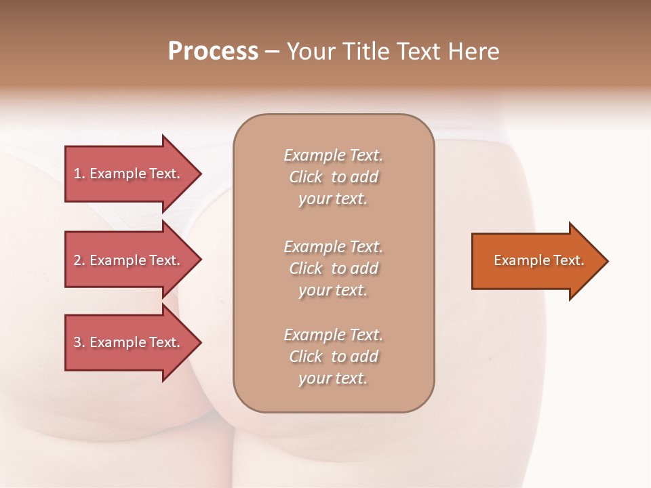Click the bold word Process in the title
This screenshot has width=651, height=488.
coord(213,51)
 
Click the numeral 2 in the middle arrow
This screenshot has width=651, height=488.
coord(77,260)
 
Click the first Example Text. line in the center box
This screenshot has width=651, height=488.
coord(333,155)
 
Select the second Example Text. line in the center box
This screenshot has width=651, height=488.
coord(333,247)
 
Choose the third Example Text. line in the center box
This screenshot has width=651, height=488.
coord(333,335)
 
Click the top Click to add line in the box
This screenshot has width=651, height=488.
coord(333,177)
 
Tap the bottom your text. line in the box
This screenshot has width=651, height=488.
coord(333,378)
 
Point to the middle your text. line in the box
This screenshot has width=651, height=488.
coord(333,290)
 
